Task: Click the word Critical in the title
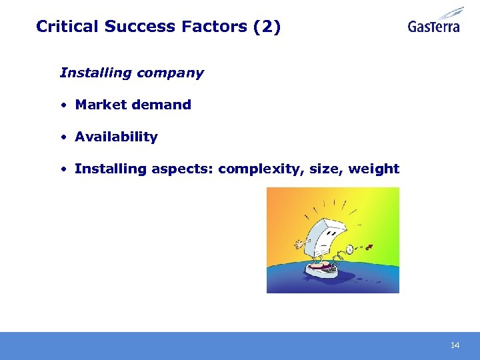click(67, 27)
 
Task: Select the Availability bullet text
click(116, 137)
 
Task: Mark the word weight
click(373, 169)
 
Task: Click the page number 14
click(455, 345)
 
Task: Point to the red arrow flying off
click(369, 248)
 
